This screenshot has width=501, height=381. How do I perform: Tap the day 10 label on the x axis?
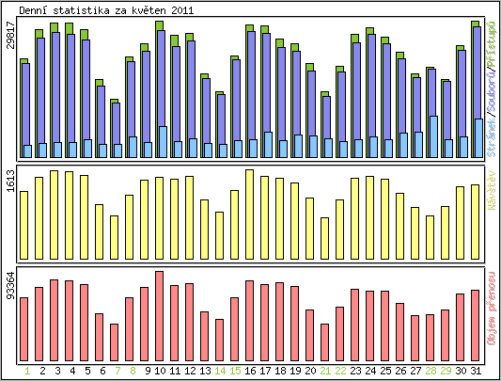click(x=160, y=371)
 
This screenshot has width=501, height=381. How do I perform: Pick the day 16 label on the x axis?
click(x=250, y=371)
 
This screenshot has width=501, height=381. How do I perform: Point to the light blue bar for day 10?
click(x=164, y=141)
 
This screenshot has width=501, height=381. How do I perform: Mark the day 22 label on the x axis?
click(x=340, y=371)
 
